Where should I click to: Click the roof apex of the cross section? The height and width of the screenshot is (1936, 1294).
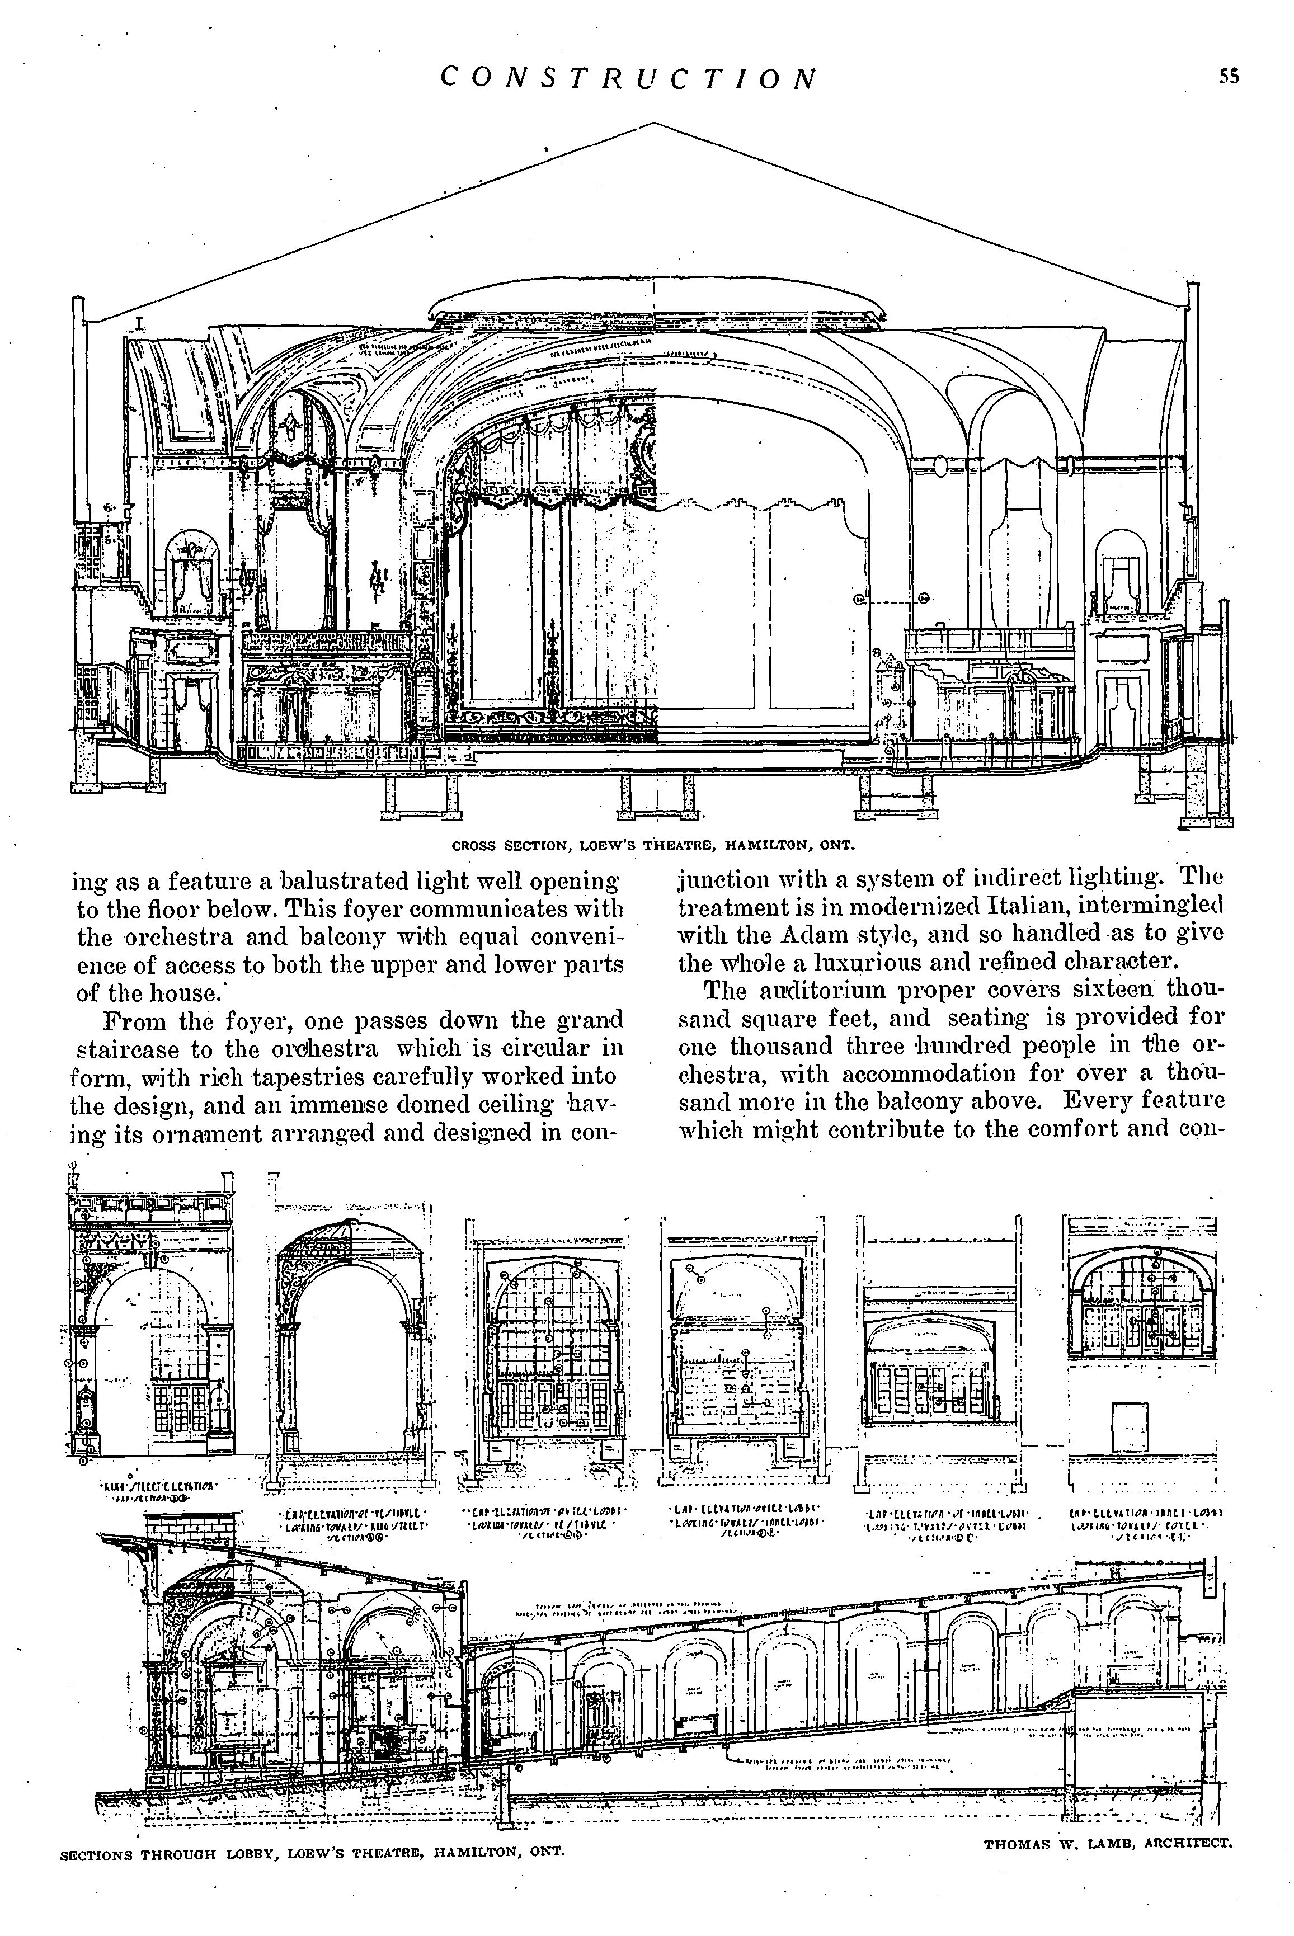pyautogui.click(x=653, y=124)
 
